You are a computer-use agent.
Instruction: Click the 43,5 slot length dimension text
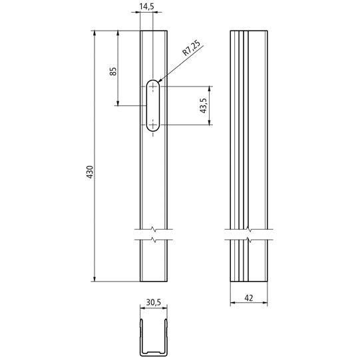pos(202,105)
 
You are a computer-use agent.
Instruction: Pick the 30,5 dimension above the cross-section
pos(152,303)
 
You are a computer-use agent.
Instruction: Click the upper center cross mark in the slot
pos(153,87)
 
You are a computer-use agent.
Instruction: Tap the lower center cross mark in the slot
pos(153,124)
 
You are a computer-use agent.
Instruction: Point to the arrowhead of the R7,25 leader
pos(160,81)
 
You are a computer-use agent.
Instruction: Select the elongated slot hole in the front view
pos(153,105)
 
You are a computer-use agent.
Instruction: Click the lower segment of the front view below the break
pos(153,261)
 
